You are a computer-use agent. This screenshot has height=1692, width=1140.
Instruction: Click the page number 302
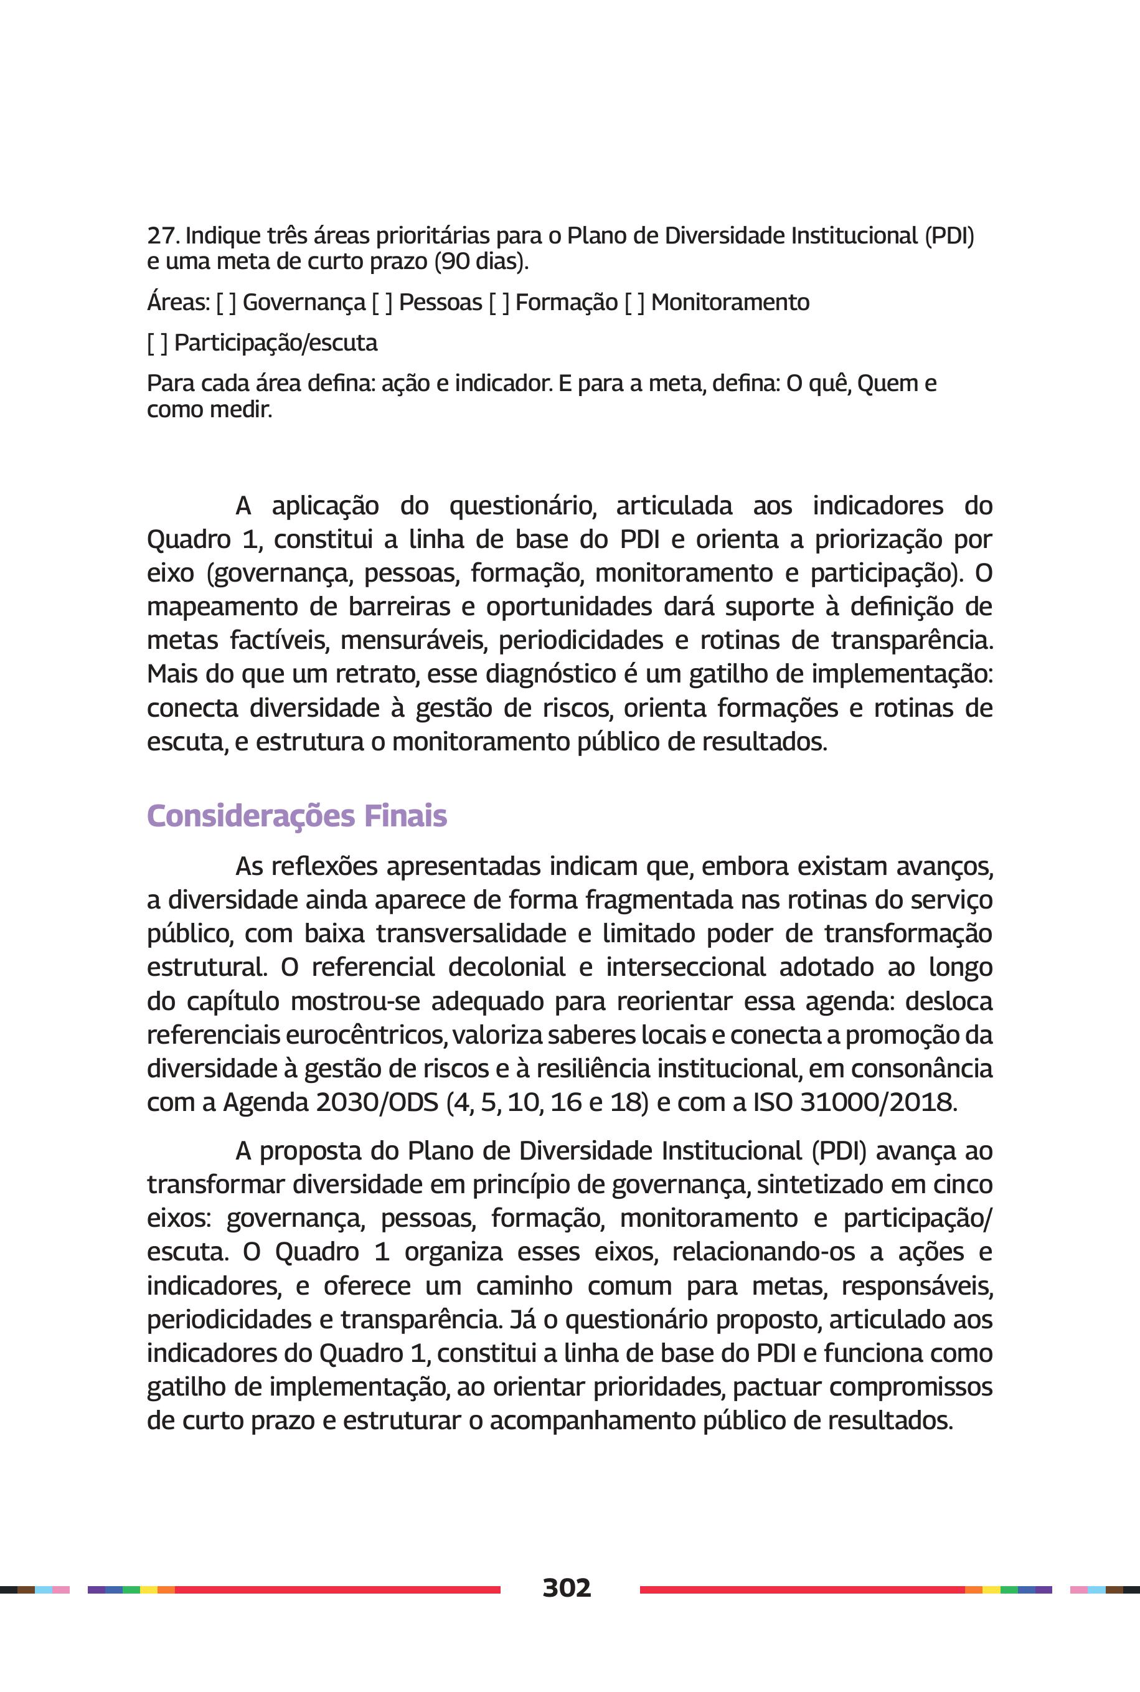point(567,1587)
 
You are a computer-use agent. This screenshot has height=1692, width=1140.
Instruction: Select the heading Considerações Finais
point(296,816)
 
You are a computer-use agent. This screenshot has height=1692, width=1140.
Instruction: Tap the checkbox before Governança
point(226,303)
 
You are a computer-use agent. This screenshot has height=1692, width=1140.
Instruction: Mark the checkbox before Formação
point(499,303)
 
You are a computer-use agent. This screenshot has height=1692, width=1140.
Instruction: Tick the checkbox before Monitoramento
point(634,303)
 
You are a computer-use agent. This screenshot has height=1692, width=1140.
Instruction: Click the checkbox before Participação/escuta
point(157,343)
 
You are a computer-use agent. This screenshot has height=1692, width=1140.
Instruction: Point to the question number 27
point(163,235)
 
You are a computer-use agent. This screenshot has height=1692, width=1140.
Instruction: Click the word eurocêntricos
point(367,1034)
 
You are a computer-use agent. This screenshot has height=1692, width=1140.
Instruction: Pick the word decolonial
point(507,967)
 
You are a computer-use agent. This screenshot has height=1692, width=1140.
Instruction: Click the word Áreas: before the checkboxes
point(178,303)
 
